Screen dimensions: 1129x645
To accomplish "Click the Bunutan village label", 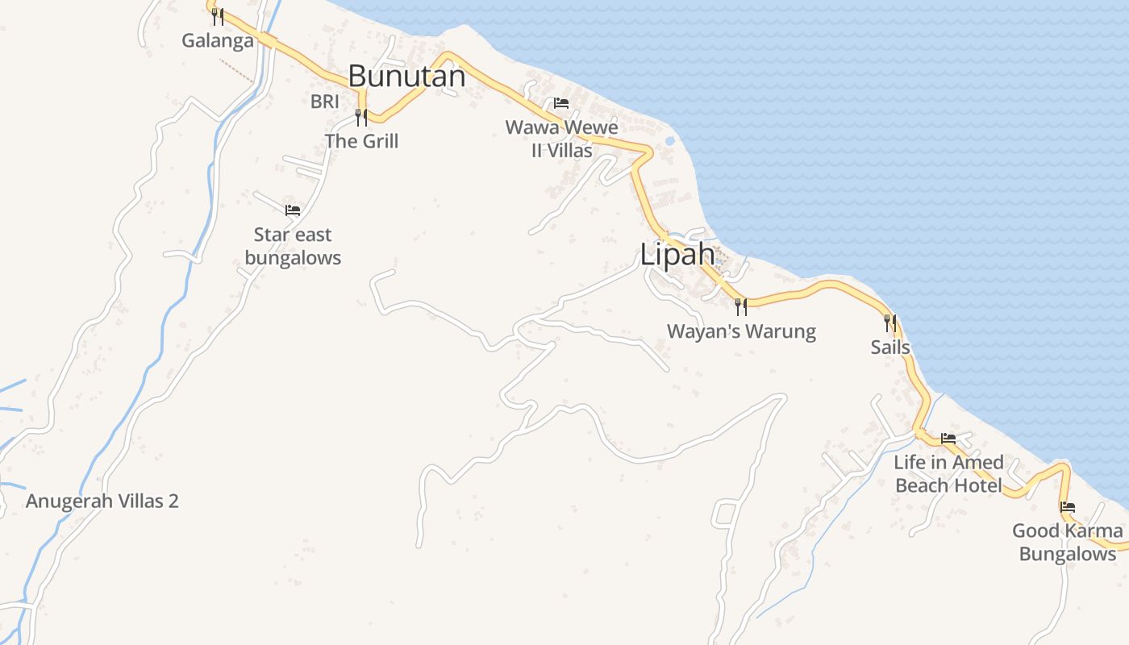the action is click(x=406, y=77).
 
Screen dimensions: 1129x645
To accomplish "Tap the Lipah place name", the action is click(x=677, y=255).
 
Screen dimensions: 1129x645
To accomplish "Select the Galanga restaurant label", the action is click(x=218, y=40).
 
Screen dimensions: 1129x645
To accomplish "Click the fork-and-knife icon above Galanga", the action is click(x=218, y=17).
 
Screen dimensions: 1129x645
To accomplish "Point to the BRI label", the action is click(x=325, y=102).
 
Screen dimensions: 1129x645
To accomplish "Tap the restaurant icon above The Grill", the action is click(x=361, y=118).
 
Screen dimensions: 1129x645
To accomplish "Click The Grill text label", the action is click(x=362, y=141).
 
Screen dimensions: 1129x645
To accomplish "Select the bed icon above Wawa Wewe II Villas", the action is click(x=561, y=103).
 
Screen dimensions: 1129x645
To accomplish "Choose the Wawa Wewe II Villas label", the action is click(x=562, y=139).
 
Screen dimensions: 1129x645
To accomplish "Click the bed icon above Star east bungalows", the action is click(x=293, y=210).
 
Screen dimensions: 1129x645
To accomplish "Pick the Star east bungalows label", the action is click(x=293, y=246).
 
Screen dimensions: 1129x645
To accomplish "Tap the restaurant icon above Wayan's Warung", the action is click(x=741, y=307).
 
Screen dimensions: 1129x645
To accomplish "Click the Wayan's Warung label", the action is click(x=741, y=331).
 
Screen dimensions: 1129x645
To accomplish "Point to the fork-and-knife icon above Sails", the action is click(x=890, y=323).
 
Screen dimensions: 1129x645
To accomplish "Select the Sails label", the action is click(x=890, y=347).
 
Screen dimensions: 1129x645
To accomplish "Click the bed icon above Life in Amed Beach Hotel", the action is click(x=948, y=439).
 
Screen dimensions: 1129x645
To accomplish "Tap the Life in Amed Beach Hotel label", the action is click(x=948, y=474).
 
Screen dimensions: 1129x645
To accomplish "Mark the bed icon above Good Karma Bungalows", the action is click(x=1068, y=507).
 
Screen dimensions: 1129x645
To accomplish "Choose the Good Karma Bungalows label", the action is click(x=1068, y=543).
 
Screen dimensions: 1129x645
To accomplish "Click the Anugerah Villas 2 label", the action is click(x=102, y=501).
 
